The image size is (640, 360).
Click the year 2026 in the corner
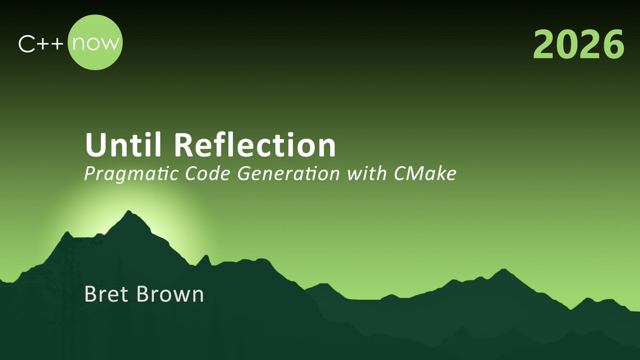pyautogui.click(x=578, y=44)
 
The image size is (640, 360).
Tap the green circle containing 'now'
pyautogui.click(x=95, y=43)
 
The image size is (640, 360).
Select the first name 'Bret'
pyautogui.click(x=104, y=294)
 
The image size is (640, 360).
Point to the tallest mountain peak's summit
pyautogui.click(x=129, y=212)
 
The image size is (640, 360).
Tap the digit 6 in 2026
pyautogui.click(x=612, y=44)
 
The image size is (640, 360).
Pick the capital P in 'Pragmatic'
pyautogui.click(x=90, y=174)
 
